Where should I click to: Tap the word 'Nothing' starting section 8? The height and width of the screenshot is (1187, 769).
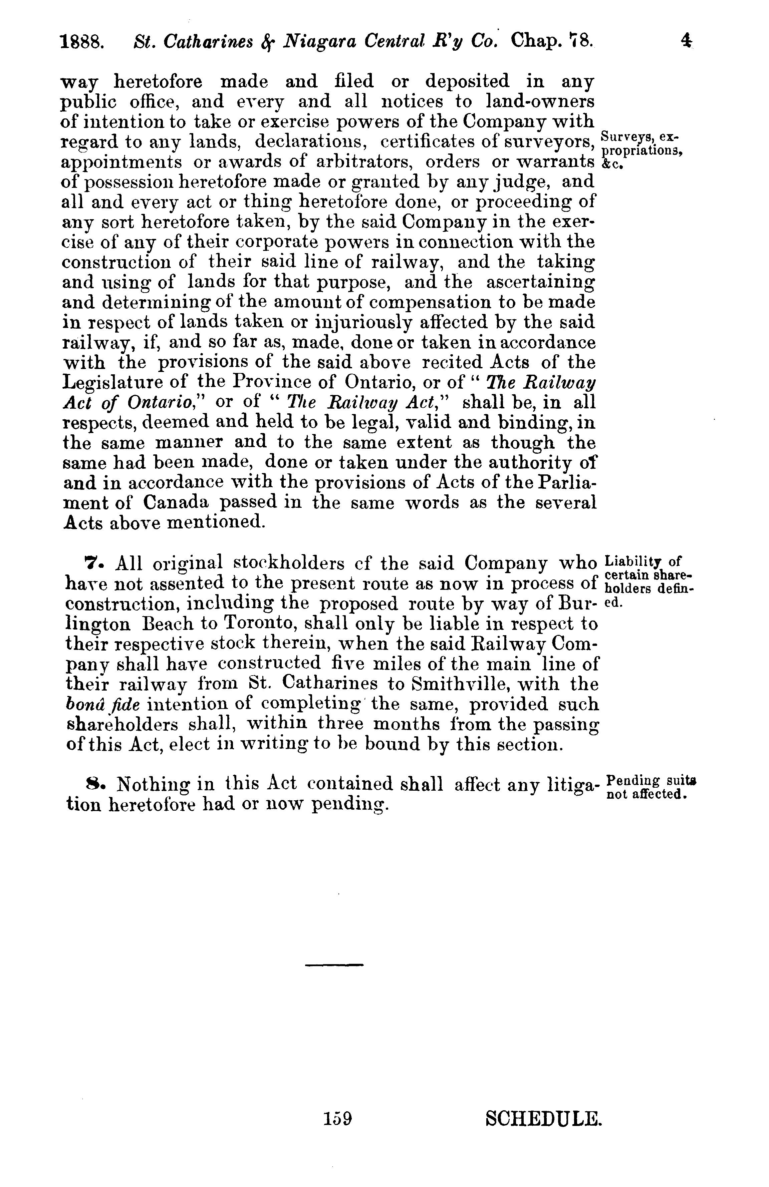click(150, 784)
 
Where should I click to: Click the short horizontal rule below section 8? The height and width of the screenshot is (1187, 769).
click(334, 965)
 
